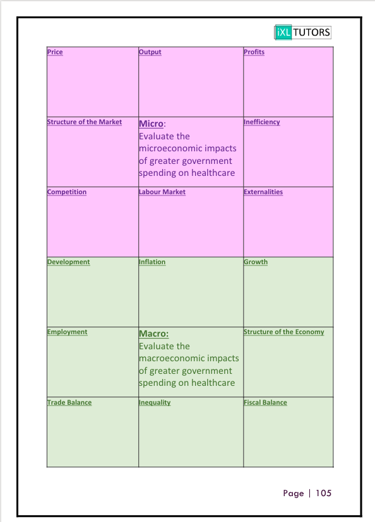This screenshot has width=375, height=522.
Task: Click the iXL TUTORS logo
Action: [302, 32]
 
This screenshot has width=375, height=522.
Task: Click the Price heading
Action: [55, 52]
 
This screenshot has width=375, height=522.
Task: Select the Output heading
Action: [150, 52]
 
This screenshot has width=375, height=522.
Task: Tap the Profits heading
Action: [254, 52]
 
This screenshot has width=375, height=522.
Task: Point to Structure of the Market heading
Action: [85, 122]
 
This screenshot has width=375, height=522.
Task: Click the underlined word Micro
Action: [151, 124]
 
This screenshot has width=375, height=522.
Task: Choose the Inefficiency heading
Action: [262, 122]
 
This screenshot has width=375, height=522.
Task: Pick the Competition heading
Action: [67, 192]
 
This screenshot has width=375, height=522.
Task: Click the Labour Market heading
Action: [162, 192]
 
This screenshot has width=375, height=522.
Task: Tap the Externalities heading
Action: [263, 192]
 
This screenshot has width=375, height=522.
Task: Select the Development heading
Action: [69, 262]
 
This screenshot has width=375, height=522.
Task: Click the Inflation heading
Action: [152, 262]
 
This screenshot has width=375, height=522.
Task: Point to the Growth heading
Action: [256, 262]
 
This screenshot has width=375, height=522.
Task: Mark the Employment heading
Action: [68, 332]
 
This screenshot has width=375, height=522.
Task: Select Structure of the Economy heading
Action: [284, 332]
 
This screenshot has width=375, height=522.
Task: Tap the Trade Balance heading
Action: [69, 402]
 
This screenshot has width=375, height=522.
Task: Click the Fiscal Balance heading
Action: [265, 402]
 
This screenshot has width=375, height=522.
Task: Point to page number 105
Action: [323, 493]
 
